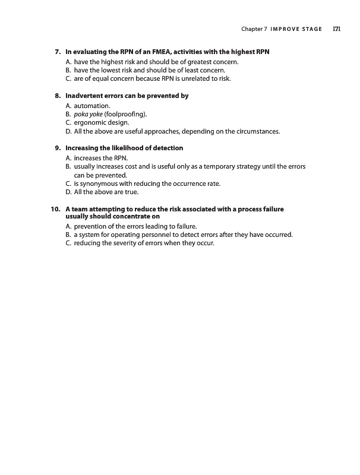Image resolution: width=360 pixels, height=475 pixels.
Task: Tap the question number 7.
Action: [x=58, y=52]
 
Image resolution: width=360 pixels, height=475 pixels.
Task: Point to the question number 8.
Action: [x=58, y=96]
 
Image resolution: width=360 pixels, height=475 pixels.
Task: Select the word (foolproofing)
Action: [x=125, y=113]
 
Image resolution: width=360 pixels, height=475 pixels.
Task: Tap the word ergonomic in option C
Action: [x=90, y=122]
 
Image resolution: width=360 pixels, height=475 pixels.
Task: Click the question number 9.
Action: [x=58, y=148]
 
